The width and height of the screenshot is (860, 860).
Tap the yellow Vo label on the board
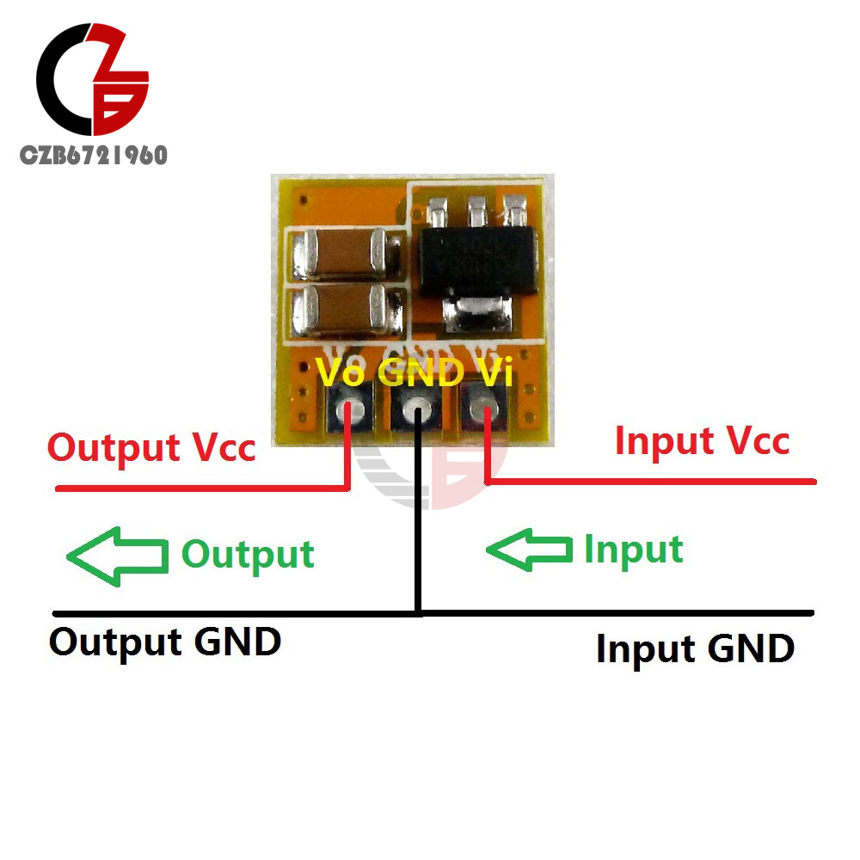coord(341,372)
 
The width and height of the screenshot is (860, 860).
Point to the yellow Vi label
coord(493,372)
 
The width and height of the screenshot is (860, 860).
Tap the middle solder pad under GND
coord(418,409)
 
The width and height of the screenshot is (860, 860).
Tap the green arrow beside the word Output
coord(117,556)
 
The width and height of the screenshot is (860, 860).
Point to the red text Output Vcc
coord(151,448)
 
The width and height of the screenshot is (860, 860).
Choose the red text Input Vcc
coord(702,440)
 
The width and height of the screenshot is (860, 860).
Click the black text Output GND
coord(165,642)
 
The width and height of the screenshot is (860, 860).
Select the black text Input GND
coord(695,648)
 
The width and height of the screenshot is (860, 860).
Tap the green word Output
coord(248,555)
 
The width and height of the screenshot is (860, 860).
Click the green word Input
coord(633,550)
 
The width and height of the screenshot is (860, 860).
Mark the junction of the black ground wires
coord(418,612)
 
